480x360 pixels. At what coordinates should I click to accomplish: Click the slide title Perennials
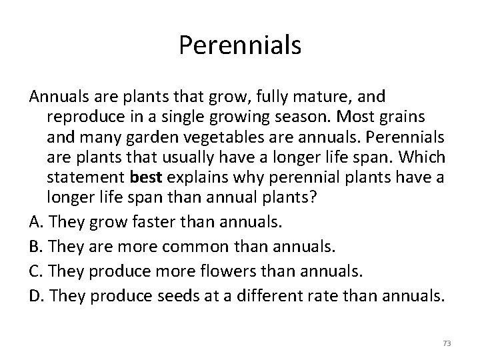coord(240,45)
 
